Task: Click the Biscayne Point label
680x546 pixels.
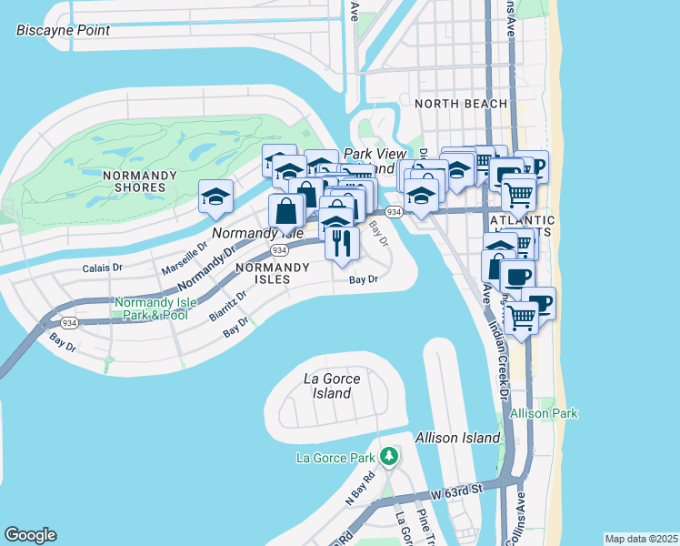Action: pos(63,30)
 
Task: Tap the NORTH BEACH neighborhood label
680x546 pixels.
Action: pos(461,104)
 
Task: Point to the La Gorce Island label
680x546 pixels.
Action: pos(332,386)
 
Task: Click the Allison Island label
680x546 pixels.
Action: pos(457,438)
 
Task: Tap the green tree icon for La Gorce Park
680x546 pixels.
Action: pos(389,454)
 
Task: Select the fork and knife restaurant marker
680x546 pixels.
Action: pos(342,243)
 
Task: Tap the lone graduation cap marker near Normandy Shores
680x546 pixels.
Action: pos(216,196)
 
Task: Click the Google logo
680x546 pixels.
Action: pos(30,535)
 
